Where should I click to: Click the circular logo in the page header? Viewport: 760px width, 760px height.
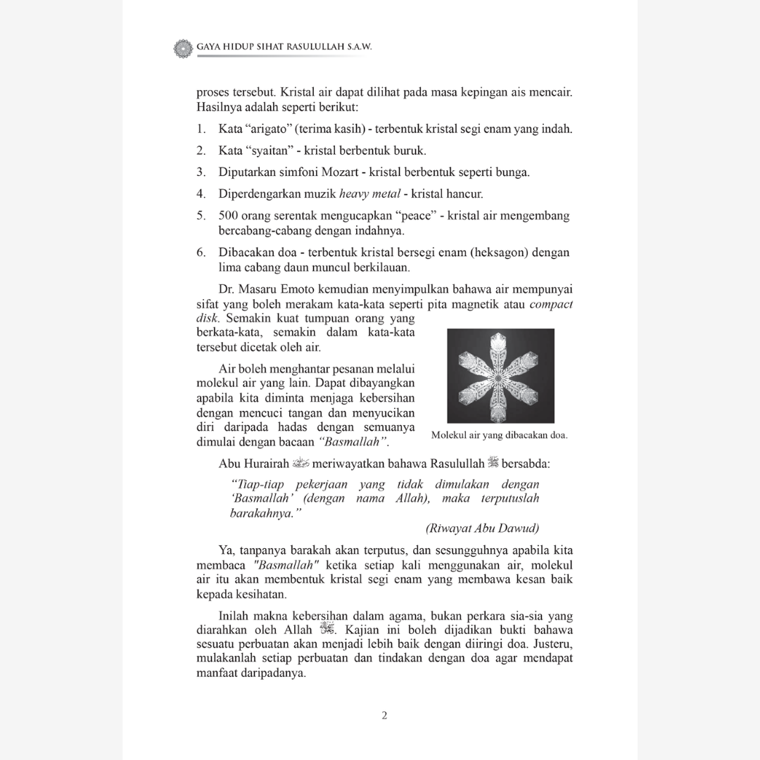(x=182, y=48)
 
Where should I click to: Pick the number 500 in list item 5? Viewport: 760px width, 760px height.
(x=229, y=215)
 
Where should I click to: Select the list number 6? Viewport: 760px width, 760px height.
(x=201, y=252)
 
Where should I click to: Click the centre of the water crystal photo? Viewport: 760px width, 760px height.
(x=500, y=376)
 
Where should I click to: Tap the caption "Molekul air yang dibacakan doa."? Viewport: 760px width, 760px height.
(x=500, y=435)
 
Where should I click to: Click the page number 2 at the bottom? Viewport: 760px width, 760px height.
(x=384, y=716)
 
